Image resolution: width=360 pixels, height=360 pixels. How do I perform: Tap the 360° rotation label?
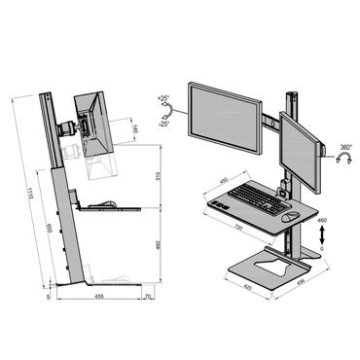point(345,150)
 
